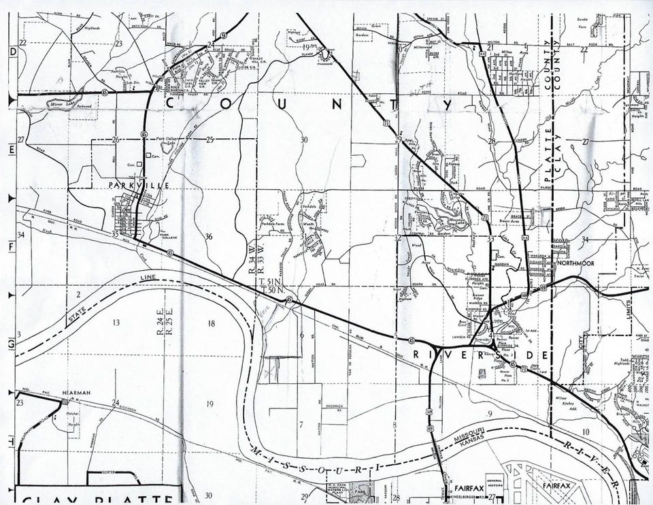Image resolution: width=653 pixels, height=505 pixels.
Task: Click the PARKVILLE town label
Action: [132, 185]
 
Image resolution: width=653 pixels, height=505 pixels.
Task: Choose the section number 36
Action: [209, 236]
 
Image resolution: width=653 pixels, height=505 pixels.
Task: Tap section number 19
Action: [209, 404]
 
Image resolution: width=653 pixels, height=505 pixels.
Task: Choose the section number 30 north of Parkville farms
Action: [304, 140]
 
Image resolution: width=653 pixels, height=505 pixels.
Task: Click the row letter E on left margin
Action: [11, 149]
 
